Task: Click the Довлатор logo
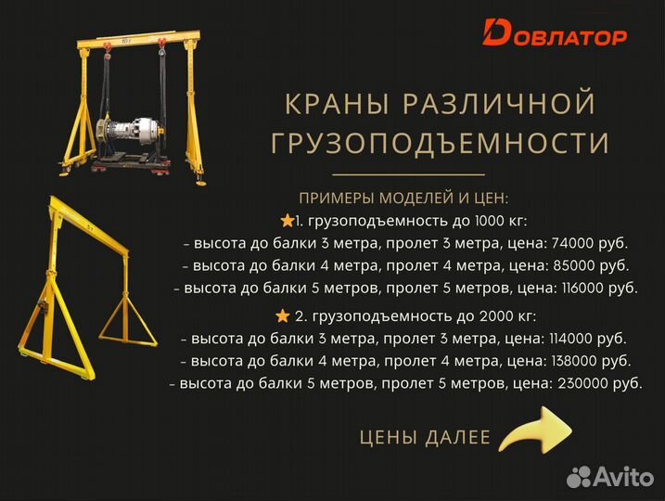555,34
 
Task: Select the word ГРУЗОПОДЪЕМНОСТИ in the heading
440,143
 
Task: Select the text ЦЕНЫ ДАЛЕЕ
424,437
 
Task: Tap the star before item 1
287,221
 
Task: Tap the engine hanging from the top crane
139,129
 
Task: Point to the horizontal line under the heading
408,174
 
